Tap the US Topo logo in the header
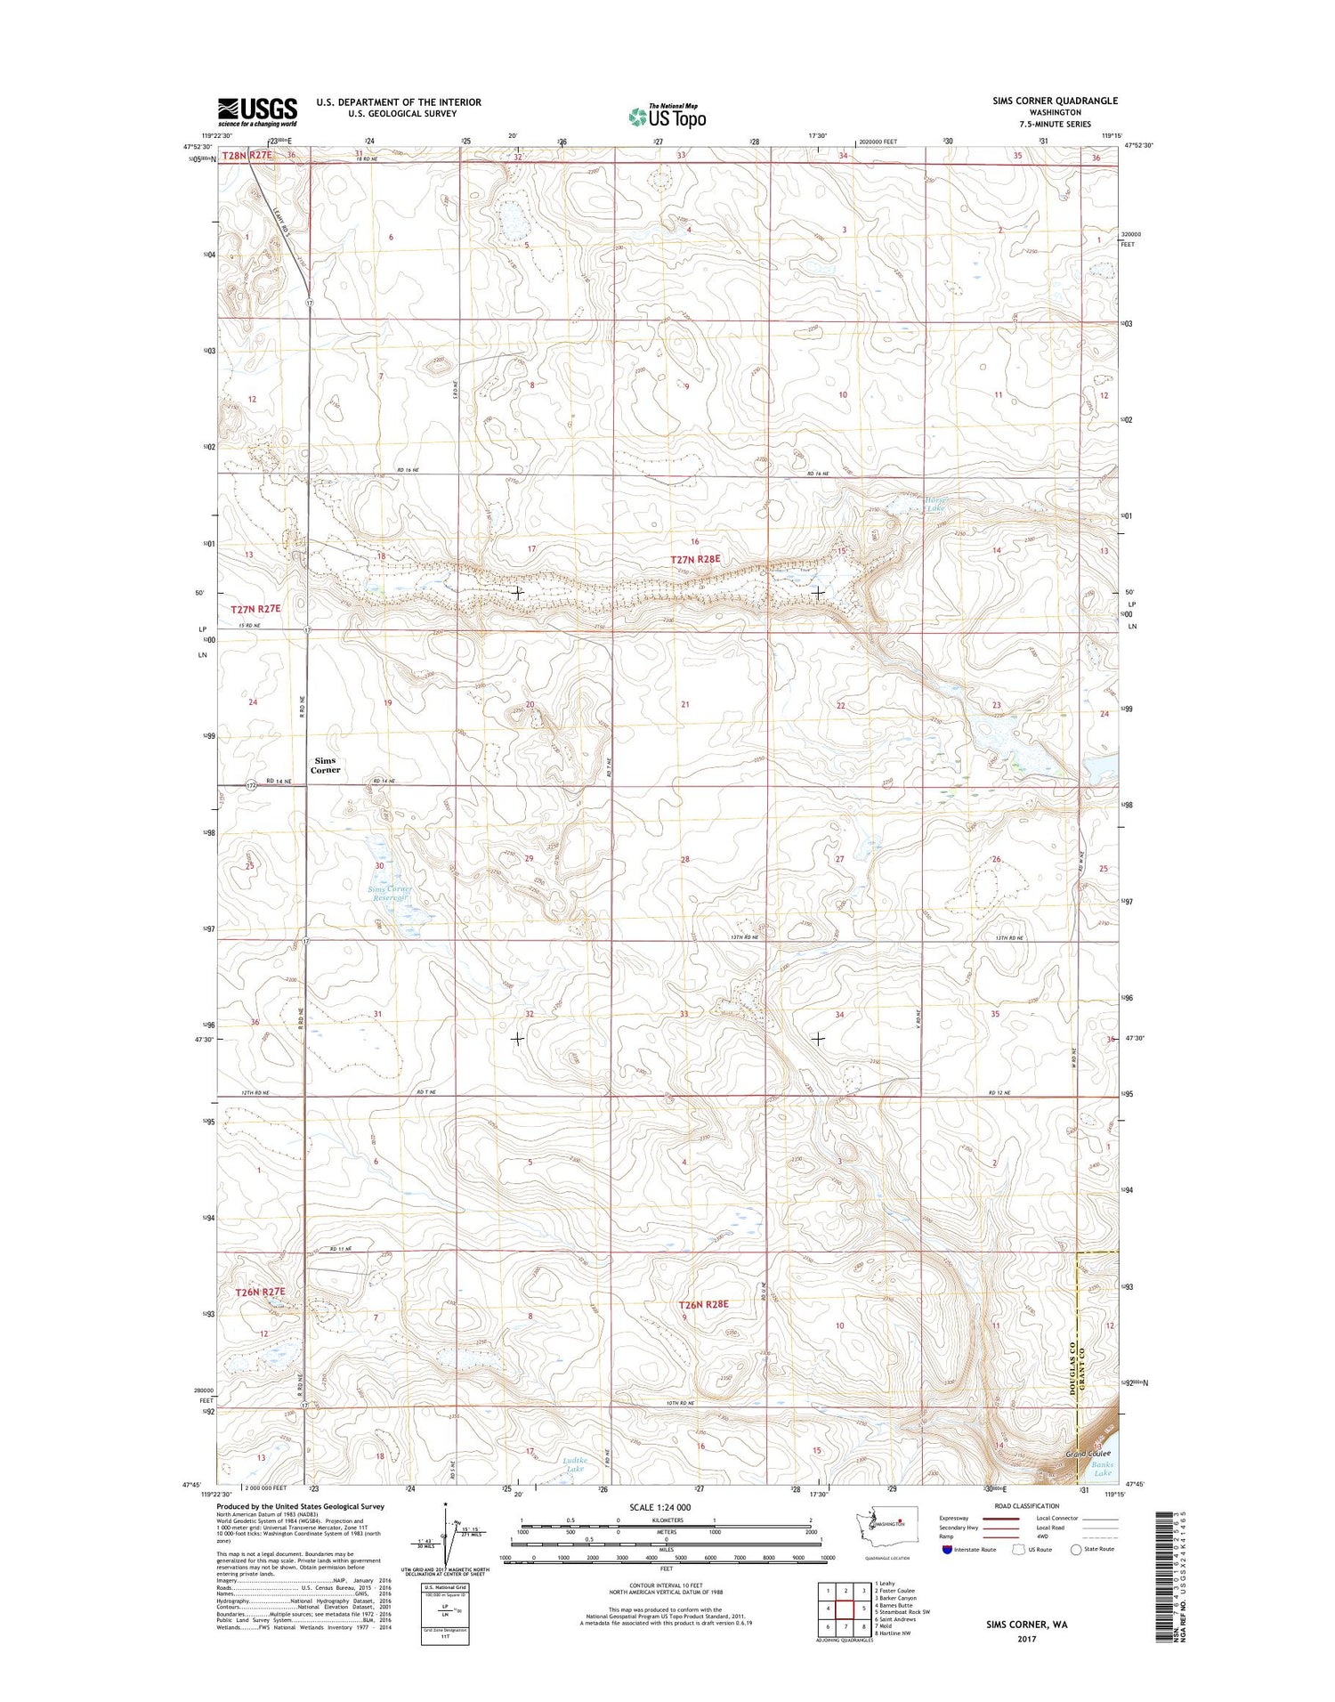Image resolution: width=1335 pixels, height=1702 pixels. pyautogui.click(x=667, y=115)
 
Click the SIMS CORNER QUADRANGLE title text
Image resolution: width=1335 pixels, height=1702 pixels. pyautogui.click(x=1055, y=101)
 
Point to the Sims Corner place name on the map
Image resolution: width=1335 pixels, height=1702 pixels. pyautogui.click(x=325, y=765)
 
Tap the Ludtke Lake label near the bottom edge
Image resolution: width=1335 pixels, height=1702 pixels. pyautogui.click(x=574, y=1463)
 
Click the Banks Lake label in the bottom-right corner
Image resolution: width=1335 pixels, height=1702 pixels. pyautogui.click(x=1102, y=1468)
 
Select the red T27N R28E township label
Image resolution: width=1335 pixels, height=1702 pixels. pyautogui.click(x=694, y=560)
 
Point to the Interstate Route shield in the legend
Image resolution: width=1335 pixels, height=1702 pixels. pyautogui.click(x=947, y=1550)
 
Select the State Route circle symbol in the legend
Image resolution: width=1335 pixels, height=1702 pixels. pyautogui.click(x=1076, y=1550)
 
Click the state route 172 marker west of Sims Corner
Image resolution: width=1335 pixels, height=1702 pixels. pyautogui.click(x=252, y=785)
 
